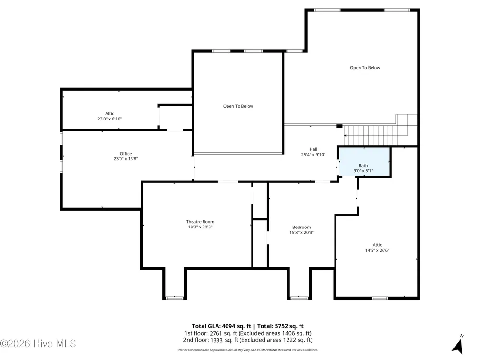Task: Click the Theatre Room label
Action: coord(200,222)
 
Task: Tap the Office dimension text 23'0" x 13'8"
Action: coord(125,159)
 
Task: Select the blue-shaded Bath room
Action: coord(364,162)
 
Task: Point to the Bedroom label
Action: coord(301,227)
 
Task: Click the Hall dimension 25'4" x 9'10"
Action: coord(313,155)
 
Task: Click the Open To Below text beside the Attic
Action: coord(238,106)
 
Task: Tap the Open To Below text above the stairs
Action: coord(365,68)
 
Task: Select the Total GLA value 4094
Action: coord(228,326)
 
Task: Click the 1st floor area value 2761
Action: coord(216,333)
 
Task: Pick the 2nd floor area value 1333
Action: coord(216,340)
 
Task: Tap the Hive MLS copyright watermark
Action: coord(38,344)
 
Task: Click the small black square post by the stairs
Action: coord(339,126)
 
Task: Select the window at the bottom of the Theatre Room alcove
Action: coord(175,298)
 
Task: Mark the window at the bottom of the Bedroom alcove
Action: coord(299,298)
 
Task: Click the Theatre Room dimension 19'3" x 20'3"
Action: coord(200,227)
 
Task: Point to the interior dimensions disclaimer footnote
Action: coord(248,350)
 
